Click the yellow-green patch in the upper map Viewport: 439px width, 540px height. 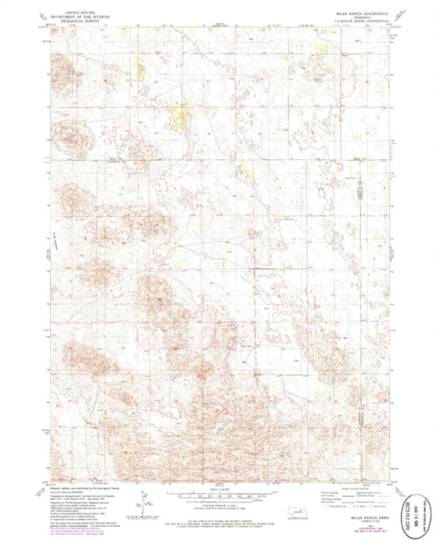(176, 115)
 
